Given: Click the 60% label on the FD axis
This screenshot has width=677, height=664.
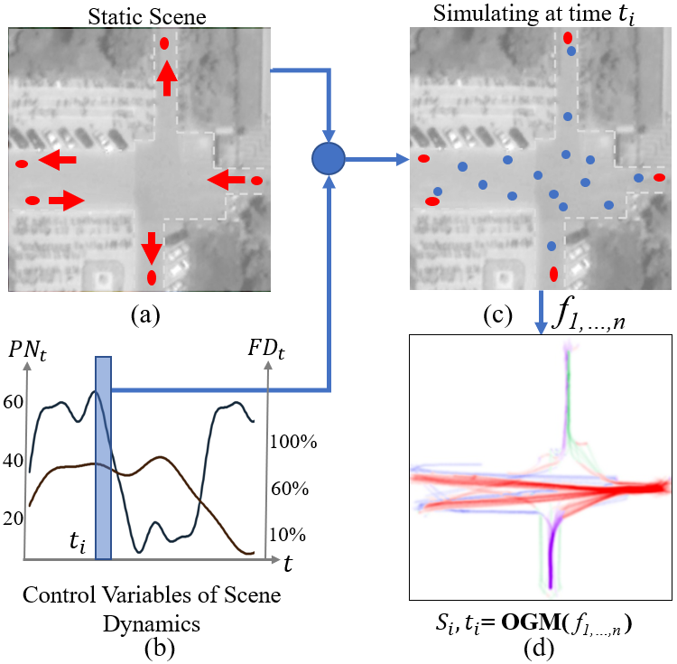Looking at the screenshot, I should pyautogui.click(x=290, y=489).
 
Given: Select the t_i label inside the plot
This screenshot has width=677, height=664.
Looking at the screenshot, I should pyautogui.click(x=80, y=544).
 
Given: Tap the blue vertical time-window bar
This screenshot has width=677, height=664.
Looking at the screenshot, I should pyautogui.click(x=103, y=457).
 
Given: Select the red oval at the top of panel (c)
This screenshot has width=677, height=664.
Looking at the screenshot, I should pyautogui.click(x=568, y=38).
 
